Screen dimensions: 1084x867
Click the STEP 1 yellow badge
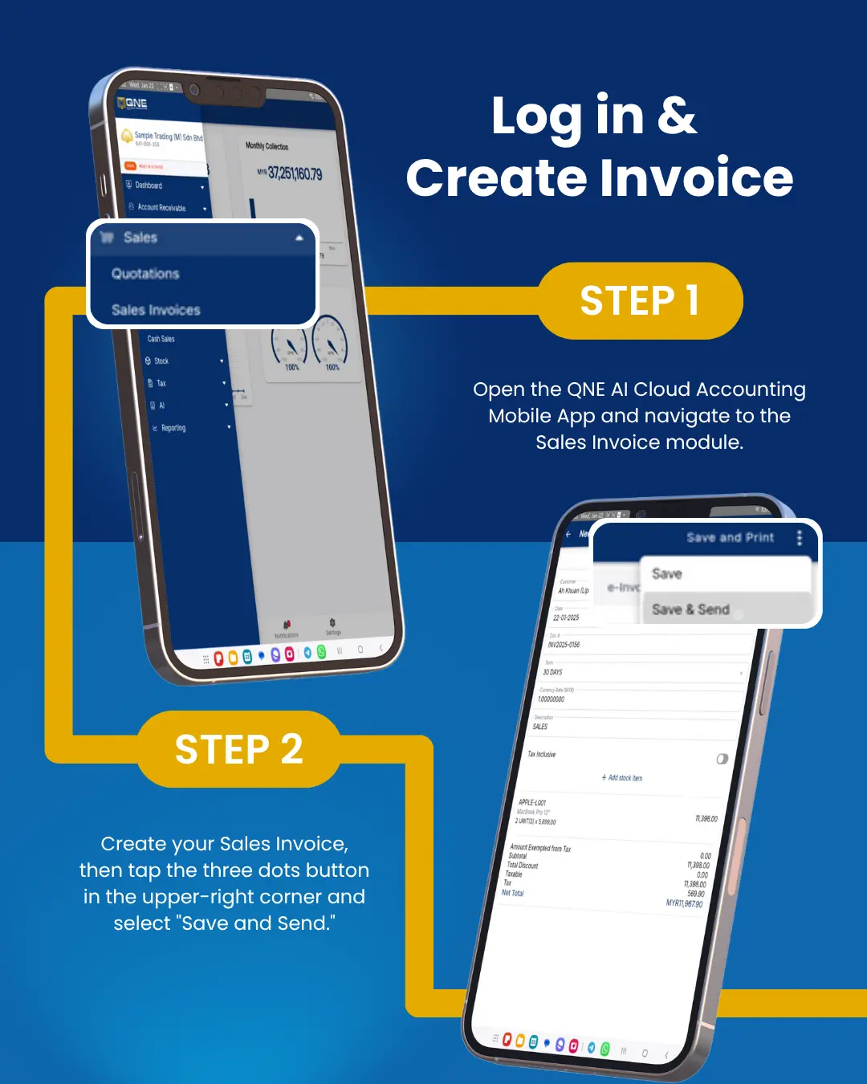[x=640, y=301]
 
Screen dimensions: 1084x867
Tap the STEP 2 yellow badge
[x=238, y=749]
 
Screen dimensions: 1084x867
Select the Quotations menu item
[x=145, y=274]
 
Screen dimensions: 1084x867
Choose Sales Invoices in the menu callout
[x=156, y=310]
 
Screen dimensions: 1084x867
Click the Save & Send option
[x=690, y=609]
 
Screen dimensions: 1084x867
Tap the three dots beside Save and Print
[x=799, y=538]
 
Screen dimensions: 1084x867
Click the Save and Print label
[x=730, y=538]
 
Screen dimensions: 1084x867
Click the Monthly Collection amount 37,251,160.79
[x=294, y=173]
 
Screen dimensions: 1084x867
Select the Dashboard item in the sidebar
[x=149, y=185]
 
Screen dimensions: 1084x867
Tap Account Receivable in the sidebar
[x=161, y=207]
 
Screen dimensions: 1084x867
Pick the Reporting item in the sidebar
[x=173, y=428]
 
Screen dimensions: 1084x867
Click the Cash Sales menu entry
[x=161, y=339]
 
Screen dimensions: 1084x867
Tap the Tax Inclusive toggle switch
[x=722, y=759]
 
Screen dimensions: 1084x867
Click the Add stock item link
[x=623, y=778]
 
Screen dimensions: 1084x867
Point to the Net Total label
[x=512, y=893]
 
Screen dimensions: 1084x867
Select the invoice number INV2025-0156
[x=564, y=645]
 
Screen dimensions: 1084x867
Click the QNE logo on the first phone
[x=132, y=103]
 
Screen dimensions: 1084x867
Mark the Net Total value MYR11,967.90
[x=684, y=903]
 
